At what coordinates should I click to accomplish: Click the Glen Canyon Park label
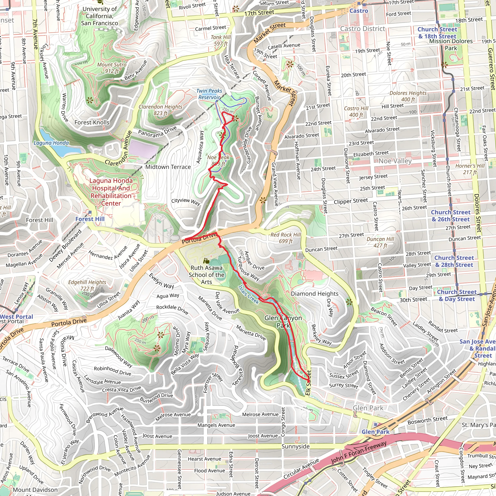283,322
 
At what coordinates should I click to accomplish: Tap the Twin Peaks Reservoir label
209,94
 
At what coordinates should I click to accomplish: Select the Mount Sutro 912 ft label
112,68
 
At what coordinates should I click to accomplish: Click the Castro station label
359,11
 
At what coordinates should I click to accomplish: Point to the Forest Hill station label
90,219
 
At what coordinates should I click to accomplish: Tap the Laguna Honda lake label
51,143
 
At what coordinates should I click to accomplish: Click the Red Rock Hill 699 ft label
286,238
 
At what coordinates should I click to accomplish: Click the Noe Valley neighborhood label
395,161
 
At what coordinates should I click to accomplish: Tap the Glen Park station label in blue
375,432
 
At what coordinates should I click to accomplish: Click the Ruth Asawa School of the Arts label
206,275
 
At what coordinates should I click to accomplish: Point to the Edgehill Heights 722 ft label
87,285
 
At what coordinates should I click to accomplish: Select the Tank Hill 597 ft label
221,40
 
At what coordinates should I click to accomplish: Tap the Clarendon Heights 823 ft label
161,110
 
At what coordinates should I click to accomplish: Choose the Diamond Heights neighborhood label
315,294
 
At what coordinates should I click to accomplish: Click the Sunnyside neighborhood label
295,446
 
